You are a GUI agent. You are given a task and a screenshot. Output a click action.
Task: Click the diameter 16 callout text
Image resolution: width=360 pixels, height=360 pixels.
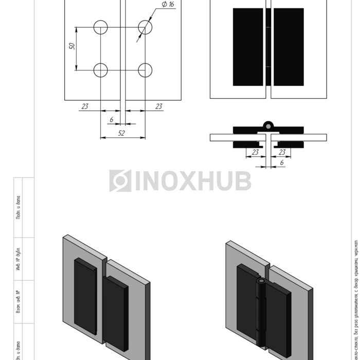pyautogui.click(x=168, y=5)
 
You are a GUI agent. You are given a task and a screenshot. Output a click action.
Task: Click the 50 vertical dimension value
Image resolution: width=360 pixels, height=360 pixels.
pyautogui.click(x=73, y=46)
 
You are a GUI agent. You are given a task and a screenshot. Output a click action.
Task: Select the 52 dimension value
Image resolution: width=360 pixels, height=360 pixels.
pyautogui.click(x=122, y=133)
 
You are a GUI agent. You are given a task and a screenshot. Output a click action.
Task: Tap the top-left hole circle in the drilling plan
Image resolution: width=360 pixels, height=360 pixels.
pyautogui.click(x=101, y=27)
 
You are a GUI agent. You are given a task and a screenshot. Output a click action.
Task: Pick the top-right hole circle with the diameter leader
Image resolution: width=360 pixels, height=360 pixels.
pyautogui.click(x=145, y=27)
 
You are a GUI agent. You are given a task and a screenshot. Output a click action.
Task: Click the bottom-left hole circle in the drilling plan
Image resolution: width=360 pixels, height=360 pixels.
pyautogui.click(x=101, y=70)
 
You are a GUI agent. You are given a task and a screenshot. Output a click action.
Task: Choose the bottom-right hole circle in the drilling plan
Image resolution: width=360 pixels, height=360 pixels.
pyautogui.click(x=145, y=70)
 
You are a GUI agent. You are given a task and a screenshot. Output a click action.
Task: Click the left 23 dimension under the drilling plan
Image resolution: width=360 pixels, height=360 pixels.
pyautogui.click(x=85, y=106)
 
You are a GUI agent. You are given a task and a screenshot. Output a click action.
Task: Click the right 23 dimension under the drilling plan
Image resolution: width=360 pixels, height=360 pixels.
pyautogui.click(x=159, y=106)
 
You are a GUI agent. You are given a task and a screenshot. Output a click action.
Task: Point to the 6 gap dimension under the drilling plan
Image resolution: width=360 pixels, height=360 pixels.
pyautogui.click(x=111, y=120)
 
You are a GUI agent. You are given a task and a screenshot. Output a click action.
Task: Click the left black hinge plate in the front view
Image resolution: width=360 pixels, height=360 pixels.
pyautogui.click(x=248, y=47)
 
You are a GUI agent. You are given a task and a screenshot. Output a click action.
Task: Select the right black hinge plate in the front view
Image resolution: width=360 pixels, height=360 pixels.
pyautogui.click(x=289, y=47)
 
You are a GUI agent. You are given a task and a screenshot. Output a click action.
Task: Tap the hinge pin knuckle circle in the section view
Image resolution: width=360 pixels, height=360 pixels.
pyautogui.click(x=268, y=125)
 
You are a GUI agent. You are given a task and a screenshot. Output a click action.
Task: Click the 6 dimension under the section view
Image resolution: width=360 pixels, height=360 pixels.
pyautogui.click(x=281, y=163)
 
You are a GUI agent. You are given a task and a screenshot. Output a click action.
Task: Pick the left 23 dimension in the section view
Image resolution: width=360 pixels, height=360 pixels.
pyautogui.click(x=255, y=152)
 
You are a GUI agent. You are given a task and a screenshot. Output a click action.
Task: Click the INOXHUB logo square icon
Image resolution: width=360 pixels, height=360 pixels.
pyautogui.click(x=120, y=181)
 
